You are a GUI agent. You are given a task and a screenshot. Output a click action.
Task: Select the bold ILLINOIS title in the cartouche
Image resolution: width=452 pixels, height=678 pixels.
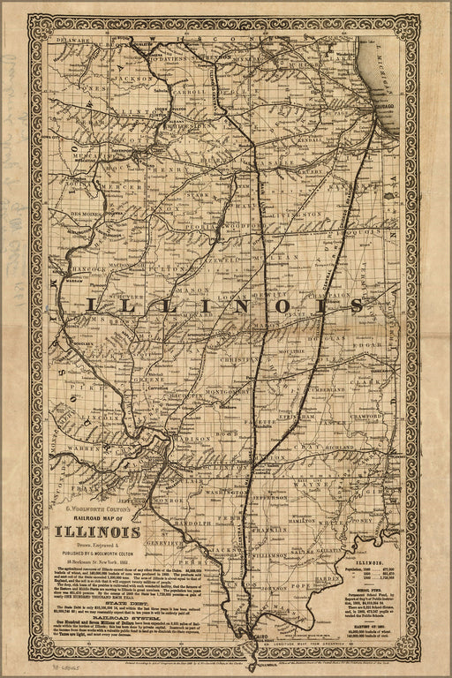pos(99,531)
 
